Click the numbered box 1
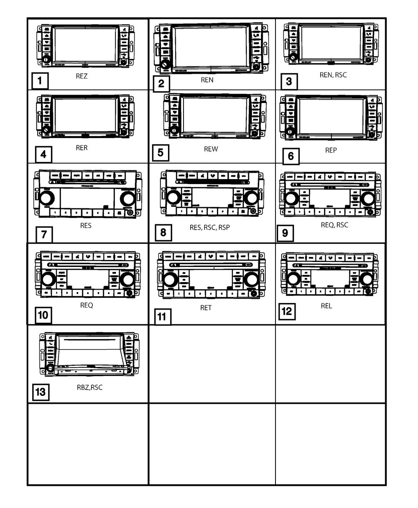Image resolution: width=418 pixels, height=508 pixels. coord(40,81)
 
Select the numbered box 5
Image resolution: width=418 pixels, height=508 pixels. coord(161,153)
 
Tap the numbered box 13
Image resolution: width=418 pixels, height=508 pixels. coord(41,393)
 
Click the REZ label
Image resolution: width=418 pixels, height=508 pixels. coord(82,76)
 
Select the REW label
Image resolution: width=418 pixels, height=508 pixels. coord(211,149)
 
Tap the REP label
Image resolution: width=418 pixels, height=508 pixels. coord(331,150)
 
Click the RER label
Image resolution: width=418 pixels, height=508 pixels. coord(82,148)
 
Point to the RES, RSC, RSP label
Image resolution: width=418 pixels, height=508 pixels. coord(209,228)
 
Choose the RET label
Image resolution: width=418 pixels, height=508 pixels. coord(206,308)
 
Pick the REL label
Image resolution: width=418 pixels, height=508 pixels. coord(326,306)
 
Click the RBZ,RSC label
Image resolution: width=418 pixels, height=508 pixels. coord(89,387)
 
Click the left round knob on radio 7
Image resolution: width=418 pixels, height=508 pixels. coord(47,198)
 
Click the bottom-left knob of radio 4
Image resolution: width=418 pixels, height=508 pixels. coord(46,130)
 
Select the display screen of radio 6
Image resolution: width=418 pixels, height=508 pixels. coord(331,117)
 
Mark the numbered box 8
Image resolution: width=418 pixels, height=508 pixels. coord(163,232)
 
